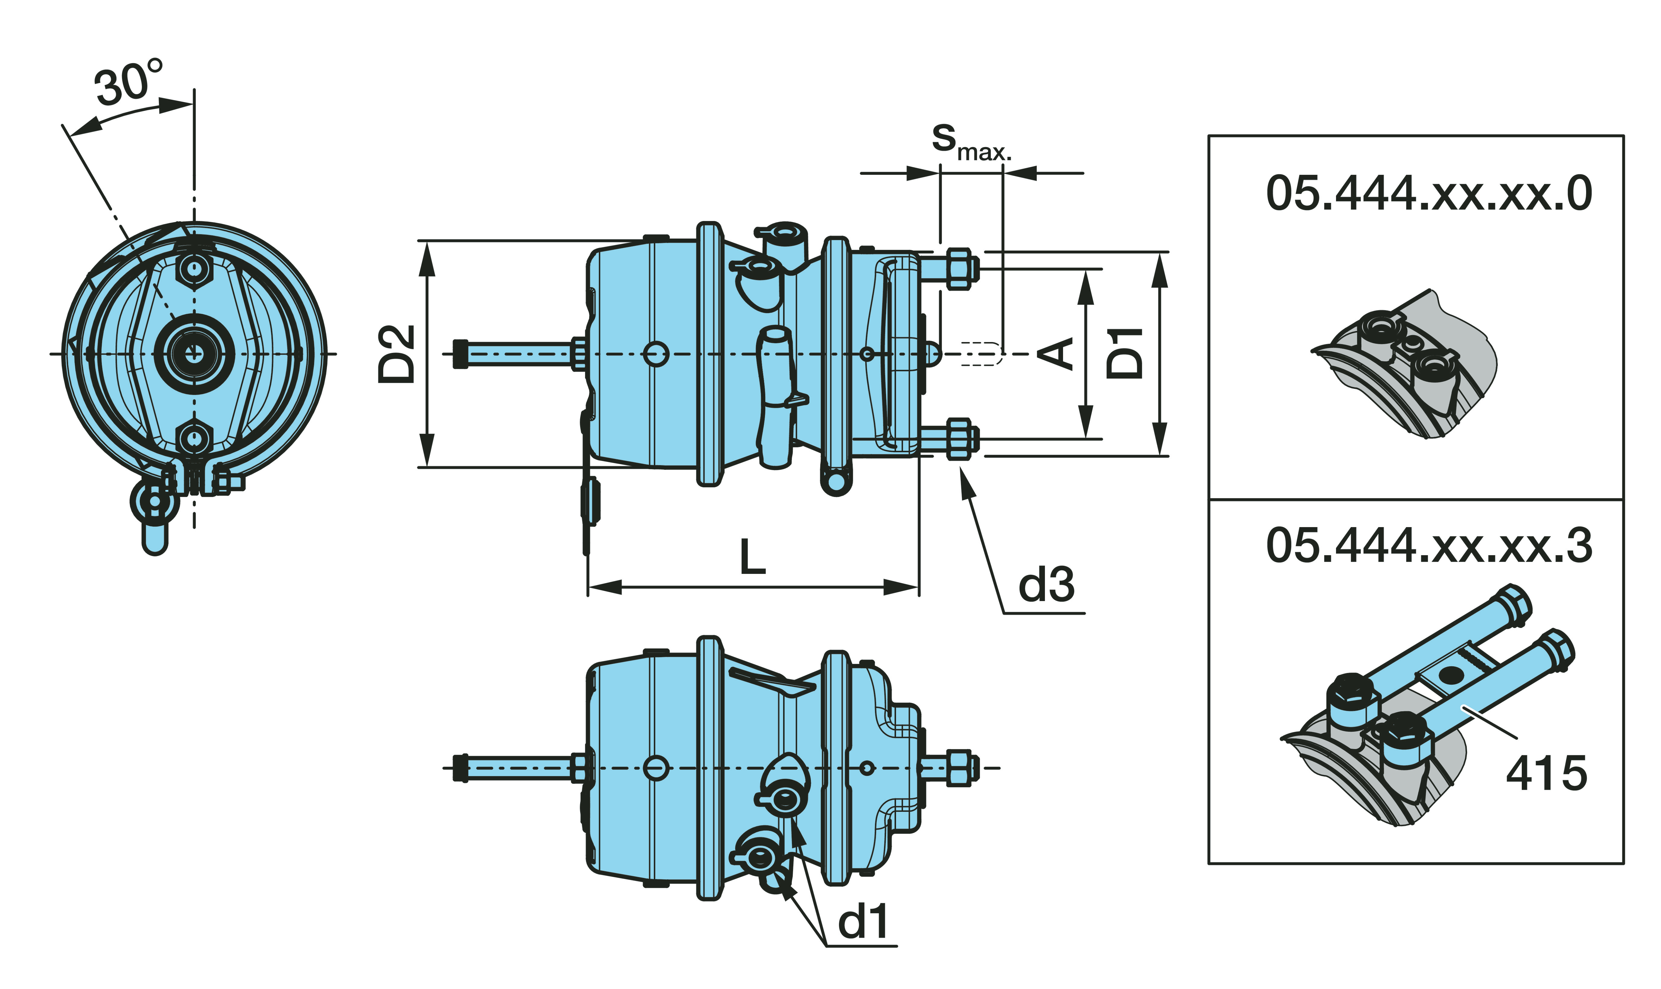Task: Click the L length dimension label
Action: pyautogui.click(x=753, y=557)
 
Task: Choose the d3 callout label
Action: pyautogui.click(x=1046, y=585)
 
